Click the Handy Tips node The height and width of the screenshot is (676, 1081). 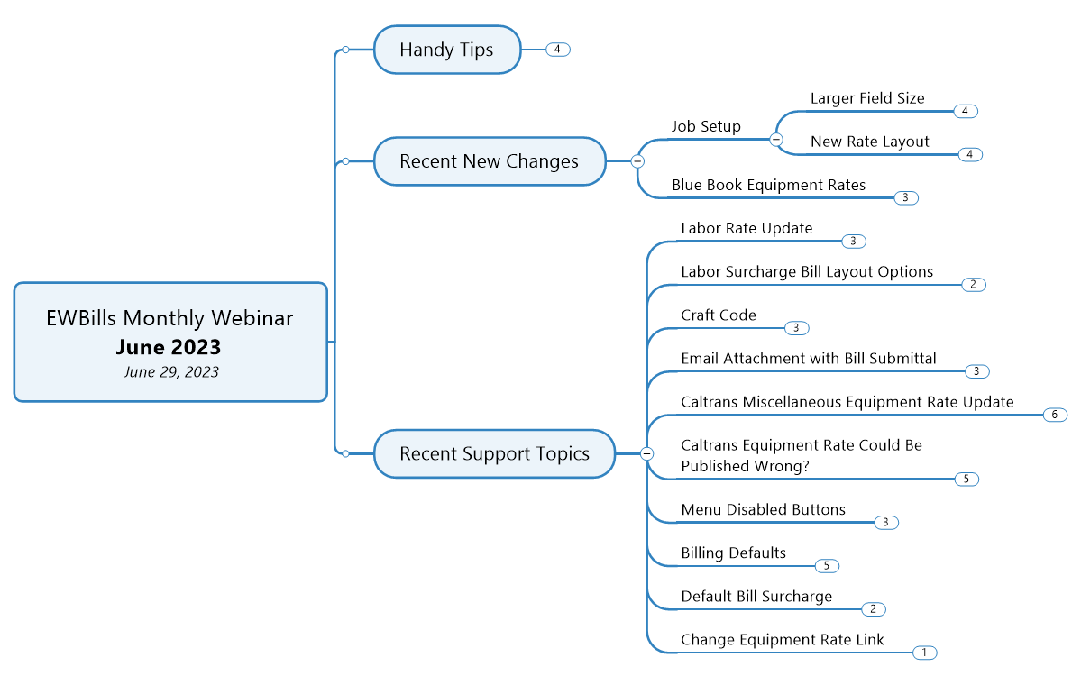point(447,50)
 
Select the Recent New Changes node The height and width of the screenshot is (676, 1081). point(490,161)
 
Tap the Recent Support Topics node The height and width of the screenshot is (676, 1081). point(494,453)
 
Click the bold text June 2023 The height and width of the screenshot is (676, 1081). point(169,347)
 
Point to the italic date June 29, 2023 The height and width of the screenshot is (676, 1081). point(171,372)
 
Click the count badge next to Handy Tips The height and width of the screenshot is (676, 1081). point(558,50)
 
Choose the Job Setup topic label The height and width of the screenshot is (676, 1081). point(706,126)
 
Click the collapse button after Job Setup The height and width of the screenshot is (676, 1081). point(775,139)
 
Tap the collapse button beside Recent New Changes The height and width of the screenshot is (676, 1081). point(637,161)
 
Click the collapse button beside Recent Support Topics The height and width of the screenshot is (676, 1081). point(646,453)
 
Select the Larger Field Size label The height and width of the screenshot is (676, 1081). point(867,98)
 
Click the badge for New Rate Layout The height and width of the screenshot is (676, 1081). point(970,154)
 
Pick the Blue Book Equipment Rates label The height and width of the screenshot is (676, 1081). point(769,185)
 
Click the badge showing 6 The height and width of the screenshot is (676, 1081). point(1055,415)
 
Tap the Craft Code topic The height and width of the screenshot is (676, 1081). point(719,315)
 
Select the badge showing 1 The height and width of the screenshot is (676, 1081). point(924,653)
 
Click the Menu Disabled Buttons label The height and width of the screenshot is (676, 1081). point(763,509)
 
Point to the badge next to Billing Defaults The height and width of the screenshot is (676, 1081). point(827,566)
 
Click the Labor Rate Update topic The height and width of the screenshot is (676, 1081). point(747,228)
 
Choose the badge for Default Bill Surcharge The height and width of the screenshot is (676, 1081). point(874,609)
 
